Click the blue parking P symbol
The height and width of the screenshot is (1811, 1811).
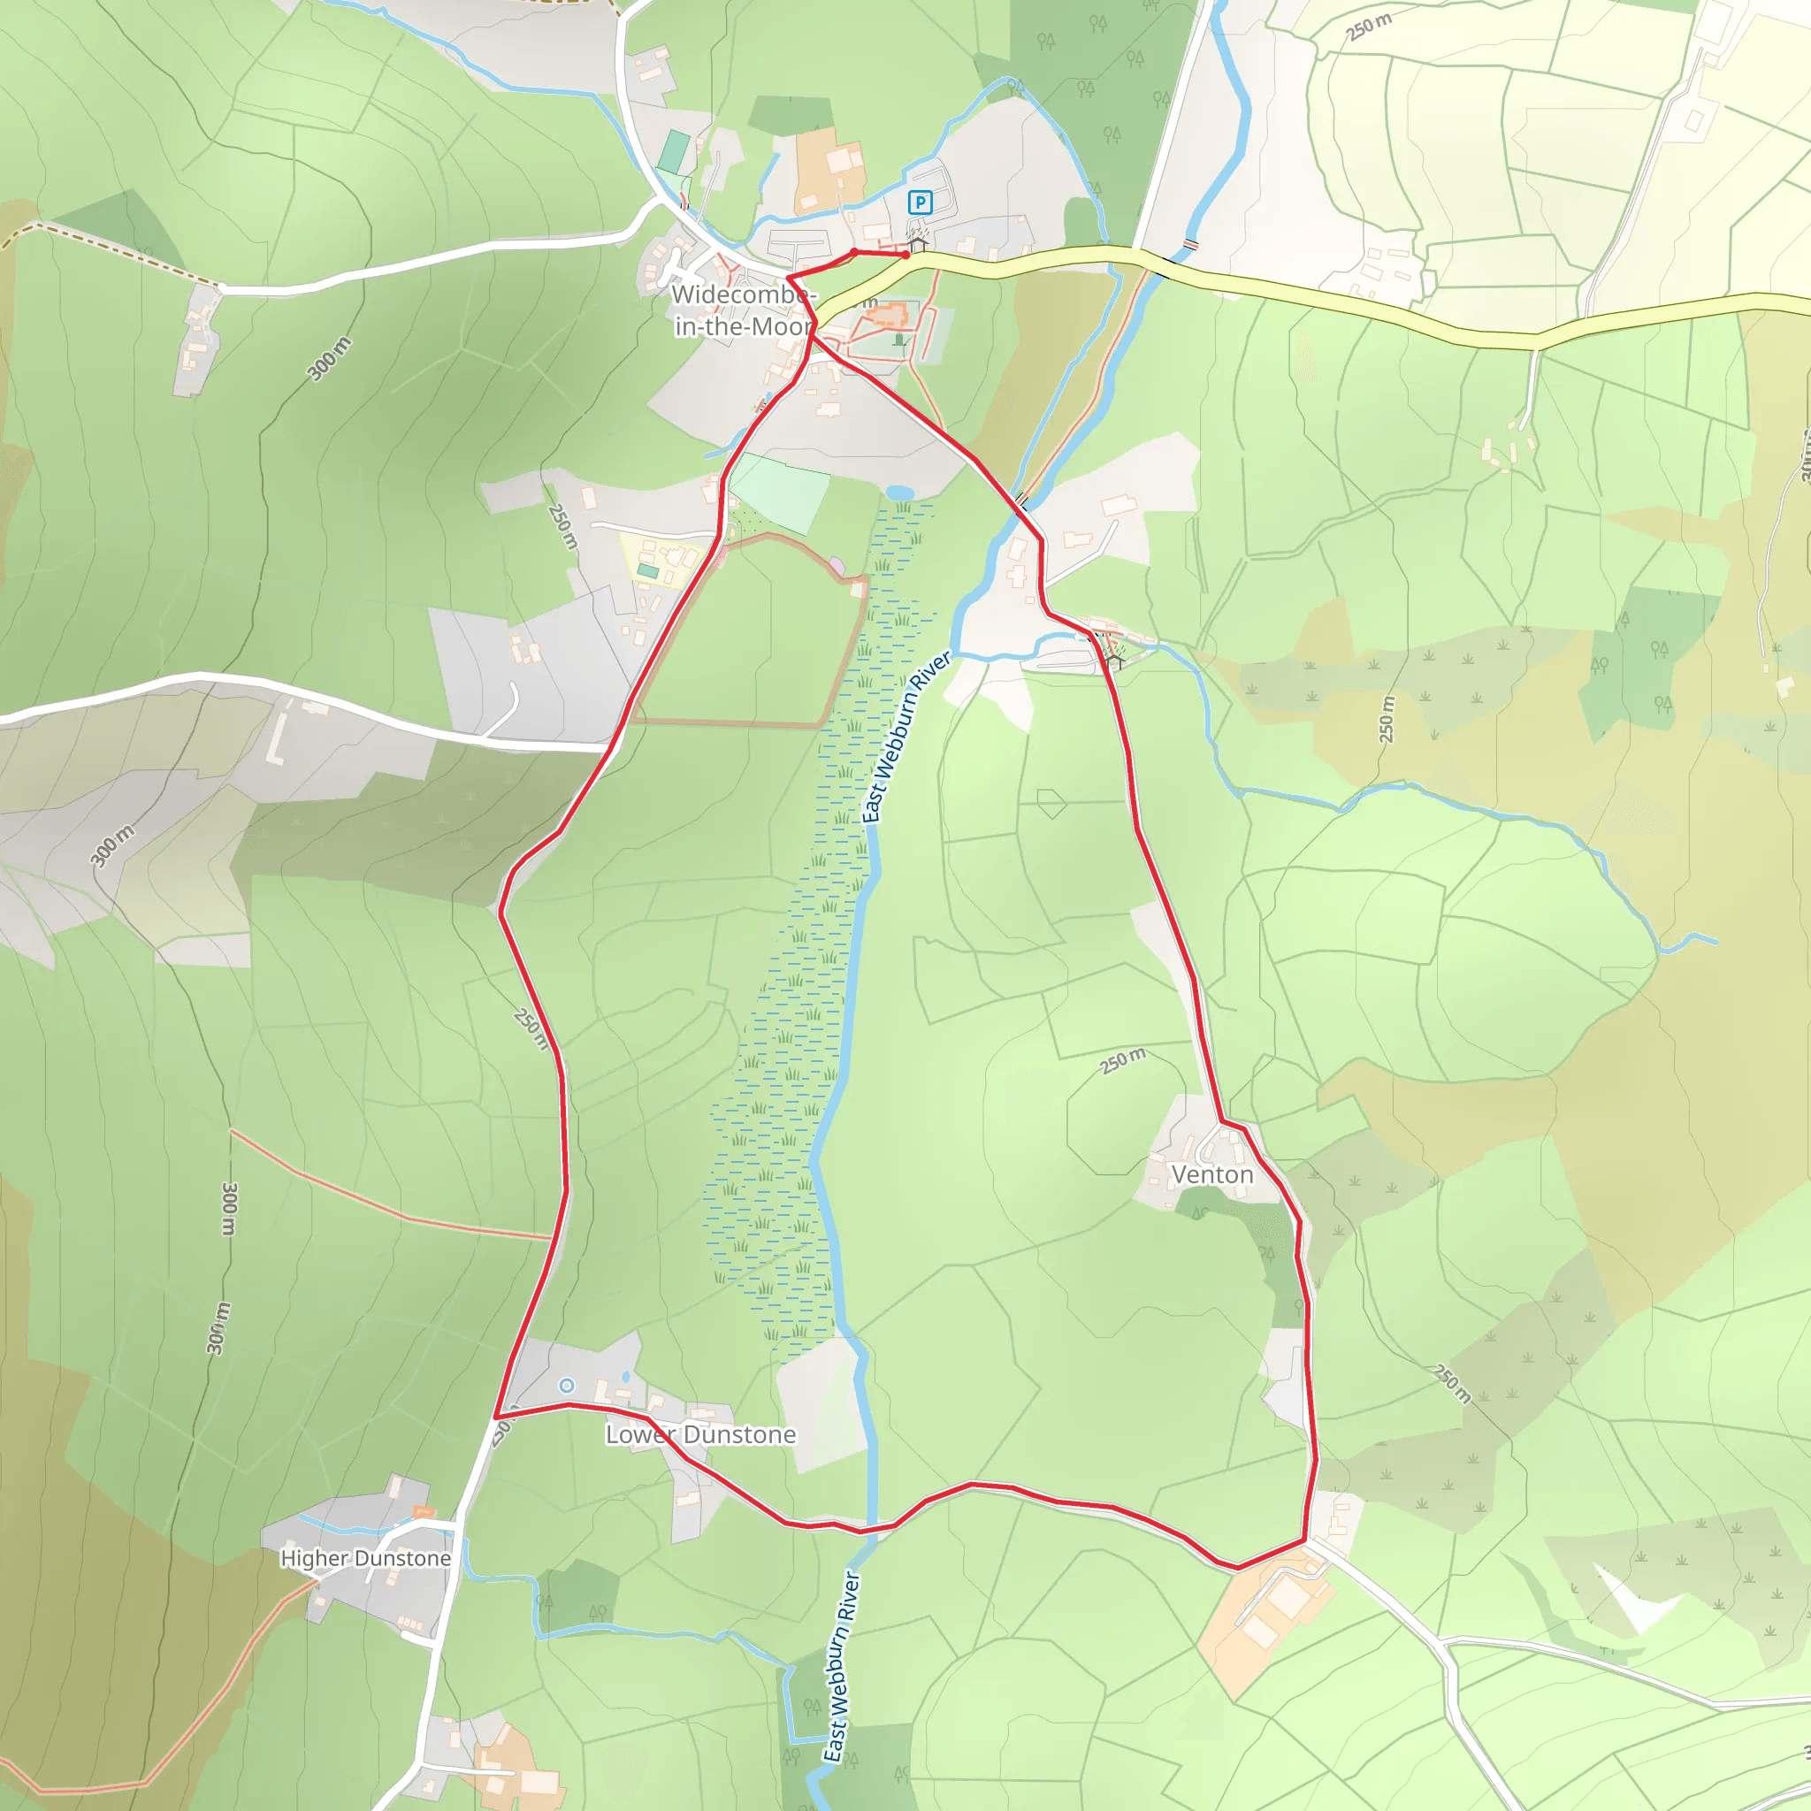[x=921, y=202]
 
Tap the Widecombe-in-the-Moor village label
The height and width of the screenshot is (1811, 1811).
[x=743, y=310]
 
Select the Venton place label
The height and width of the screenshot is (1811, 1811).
[x=1212, y=1174]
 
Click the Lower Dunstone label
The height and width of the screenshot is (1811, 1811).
[x=700, y=1434]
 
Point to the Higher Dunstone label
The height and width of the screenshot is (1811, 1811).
[x=365, y=1558]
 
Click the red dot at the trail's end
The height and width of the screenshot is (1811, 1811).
[x=905, y=254]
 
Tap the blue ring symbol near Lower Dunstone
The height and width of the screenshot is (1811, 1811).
[x=566, y=1386]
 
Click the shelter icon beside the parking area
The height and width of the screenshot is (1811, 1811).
[x=918, y=244]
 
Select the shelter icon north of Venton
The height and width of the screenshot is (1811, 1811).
[x=1113, y=661]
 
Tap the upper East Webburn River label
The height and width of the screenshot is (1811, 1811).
[x=905, y=737]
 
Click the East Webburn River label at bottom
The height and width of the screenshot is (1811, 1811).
[x=841, y=1667]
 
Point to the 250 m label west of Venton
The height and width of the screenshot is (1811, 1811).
[x=1122, y=1061]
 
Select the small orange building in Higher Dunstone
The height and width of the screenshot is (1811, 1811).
[x=424, y=1512]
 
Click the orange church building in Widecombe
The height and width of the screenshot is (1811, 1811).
[x=887, y=316]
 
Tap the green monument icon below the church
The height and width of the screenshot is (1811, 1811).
[x=900, y=340]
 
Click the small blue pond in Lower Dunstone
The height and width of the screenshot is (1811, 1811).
[x=625, y=1377]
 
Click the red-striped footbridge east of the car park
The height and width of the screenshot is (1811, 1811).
[x=1190, y=245]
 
